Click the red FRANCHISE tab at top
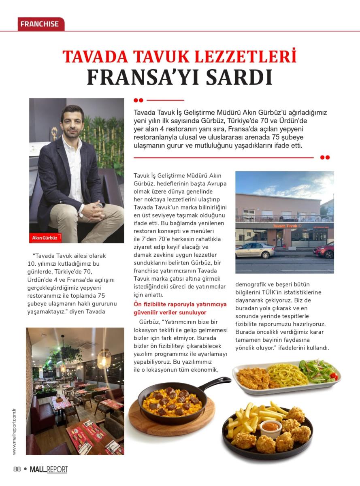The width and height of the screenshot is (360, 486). coord(40,24)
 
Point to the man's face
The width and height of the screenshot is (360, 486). coord(73,122)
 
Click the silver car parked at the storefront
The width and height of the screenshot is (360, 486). coord(255,251)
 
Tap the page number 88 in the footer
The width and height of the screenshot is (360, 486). coord(17,469)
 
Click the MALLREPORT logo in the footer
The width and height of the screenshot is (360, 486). coord(49,469)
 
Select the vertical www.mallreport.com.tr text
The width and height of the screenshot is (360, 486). coord(15,431)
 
